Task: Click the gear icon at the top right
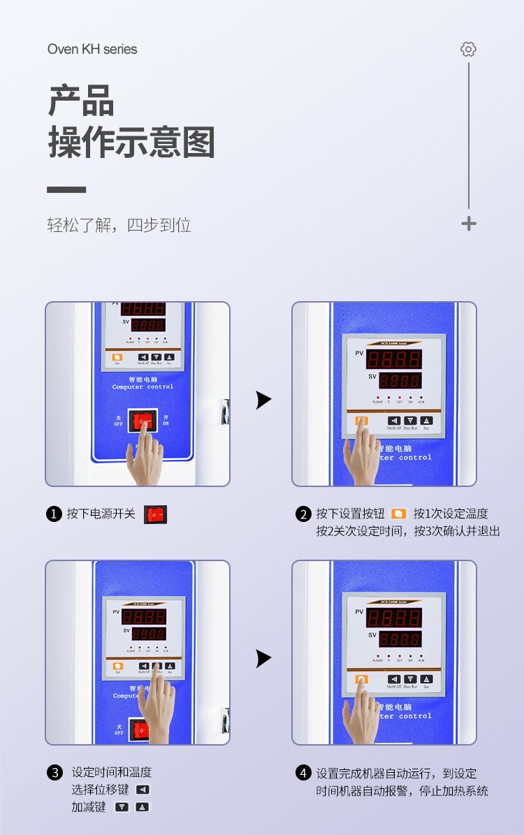[x=468, y=49]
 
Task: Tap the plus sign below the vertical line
[x=469, y=224]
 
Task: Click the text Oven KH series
[x=92, y=49]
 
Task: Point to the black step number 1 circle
[x=54, y=514]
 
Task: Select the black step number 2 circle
[x=303, y=514]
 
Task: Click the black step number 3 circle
[x=54, y=773]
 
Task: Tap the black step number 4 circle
[x=303, y=773]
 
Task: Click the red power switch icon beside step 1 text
[x=155, y=514]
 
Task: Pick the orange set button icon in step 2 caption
[x=398, y=514]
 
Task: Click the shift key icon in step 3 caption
[x=143, y=790]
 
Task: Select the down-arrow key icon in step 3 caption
[x=122, y=807]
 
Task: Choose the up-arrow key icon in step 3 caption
[x=143, y=807]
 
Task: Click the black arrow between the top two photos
[x=263, y=400]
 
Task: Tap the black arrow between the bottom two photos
[x=263, y=658]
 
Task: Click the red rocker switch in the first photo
[x=143, y=421]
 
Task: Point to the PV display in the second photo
[x=395, y=360]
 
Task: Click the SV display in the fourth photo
[x=400, y=639]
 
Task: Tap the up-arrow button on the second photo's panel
[x=427, y=421]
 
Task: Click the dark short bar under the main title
[x=66, y=189]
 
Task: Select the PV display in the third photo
[x=144, y=616]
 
